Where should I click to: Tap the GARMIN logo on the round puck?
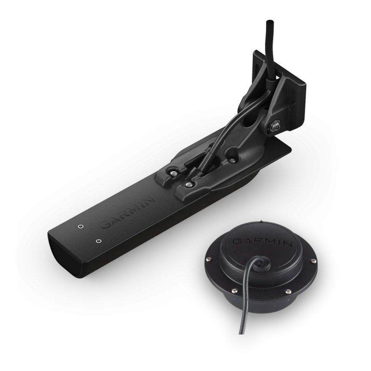pyautogui.click(x=262, y=242)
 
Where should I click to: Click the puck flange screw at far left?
pyautogui.click(x=208, y=259)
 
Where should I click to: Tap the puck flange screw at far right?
pyautogui.click(x=314, y=261)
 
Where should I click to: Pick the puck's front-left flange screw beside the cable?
pyautogui.click(x=234, y=290)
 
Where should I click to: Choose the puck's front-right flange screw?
pyautogui.click(x=287, y=291)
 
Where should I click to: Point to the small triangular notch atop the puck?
pyautogui.click(x=261, y=222)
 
